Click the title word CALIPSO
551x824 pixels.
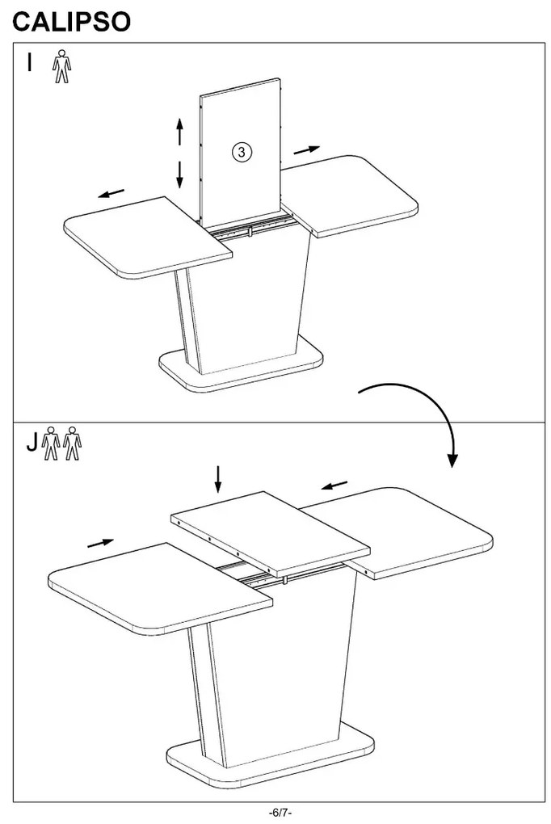coord(72,22)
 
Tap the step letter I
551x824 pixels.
coord(30,61)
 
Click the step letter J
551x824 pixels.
coord(32,443)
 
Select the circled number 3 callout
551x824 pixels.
coord(242,152)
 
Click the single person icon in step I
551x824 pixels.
coord(61,66)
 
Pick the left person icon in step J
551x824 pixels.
coord(51,443)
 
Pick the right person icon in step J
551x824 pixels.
coord(72,443)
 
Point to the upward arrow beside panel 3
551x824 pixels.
coord(179,132)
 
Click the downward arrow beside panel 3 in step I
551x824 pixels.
coord(179,174)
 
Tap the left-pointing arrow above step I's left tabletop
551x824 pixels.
coord(111,193)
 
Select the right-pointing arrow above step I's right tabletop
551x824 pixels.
coord(307,149)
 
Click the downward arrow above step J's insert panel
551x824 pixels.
coord(217,479)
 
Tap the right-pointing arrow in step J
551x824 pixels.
coord(100,543)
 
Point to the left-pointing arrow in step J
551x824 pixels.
coord(334,485)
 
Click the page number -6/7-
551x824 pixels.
coord(280,813)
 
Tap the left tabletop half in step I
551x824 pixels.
coord(148,238)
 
